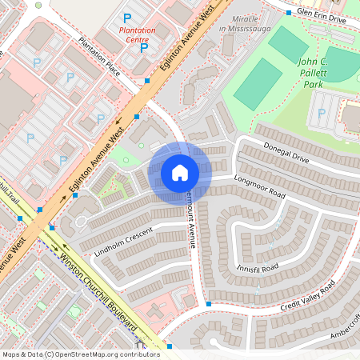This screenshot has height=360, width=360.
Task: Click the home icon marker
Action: [x=180, y=173]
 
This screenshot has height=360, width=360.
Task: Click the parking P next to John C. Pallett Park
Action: [x=322, y=113]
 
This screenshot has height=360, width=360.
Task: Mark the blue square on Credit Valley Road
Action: [x=209, y=305]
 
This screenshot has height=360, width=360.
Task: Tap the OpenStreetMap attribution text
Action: [x=81, y=354]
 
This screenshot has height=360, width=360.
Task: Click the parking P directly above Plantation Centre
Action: [x=126, y=18]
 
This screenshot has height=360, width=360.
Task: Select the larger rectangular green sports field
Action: [x=258, y=84]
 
